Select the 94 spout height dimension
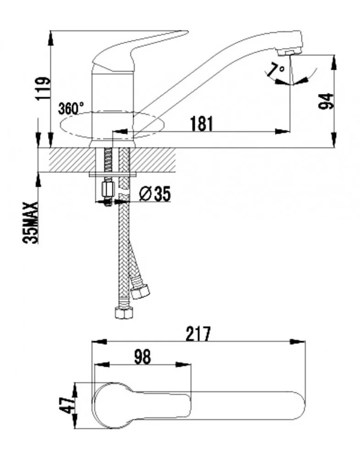[x=326, y=101]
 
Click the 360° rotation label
[x=71, y=109]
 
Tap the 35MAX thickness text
[x=30, y=223]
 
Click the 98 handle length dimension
[x=143, y=357]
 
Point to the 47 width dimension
[x=67, y=405]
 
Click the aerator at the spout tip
[x=289, y=52]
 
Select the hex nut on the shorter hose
[x=140, y=291]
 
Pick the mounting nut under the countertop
[x=107, y=189]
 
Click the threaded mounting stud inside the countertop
[x=108, y=160]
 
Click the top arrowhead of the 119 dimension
[x=50, y=38]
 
